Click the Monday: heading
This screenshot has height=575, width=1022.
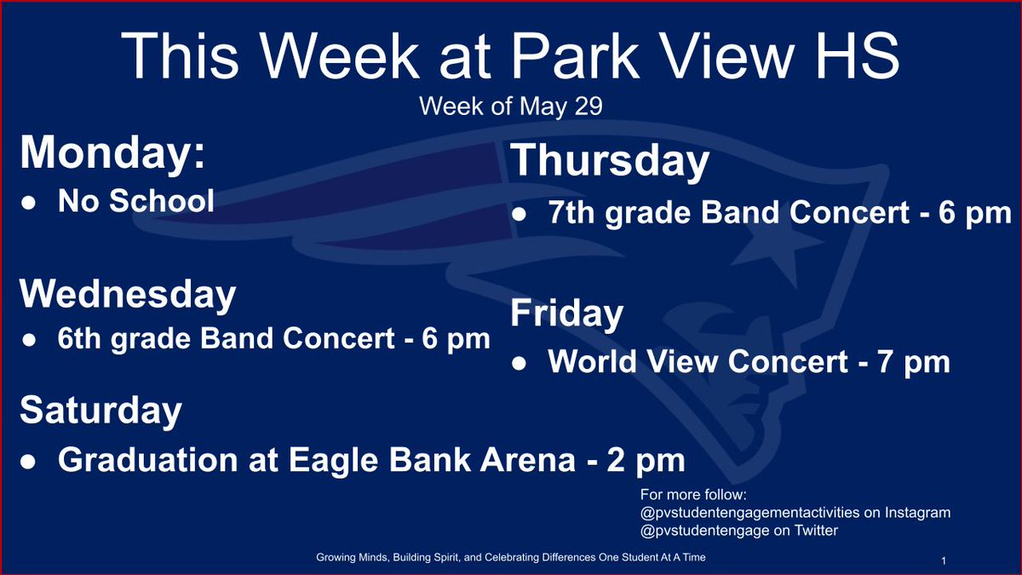112,153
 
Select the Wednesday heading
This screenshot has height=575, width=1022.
128,294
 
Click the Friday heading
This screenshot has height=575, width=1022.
566,313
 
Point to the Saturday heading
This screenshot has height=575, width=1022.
100,411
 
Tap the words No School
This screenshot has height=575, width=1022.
136,202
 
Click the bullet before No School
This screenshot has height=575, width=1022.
28,204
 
